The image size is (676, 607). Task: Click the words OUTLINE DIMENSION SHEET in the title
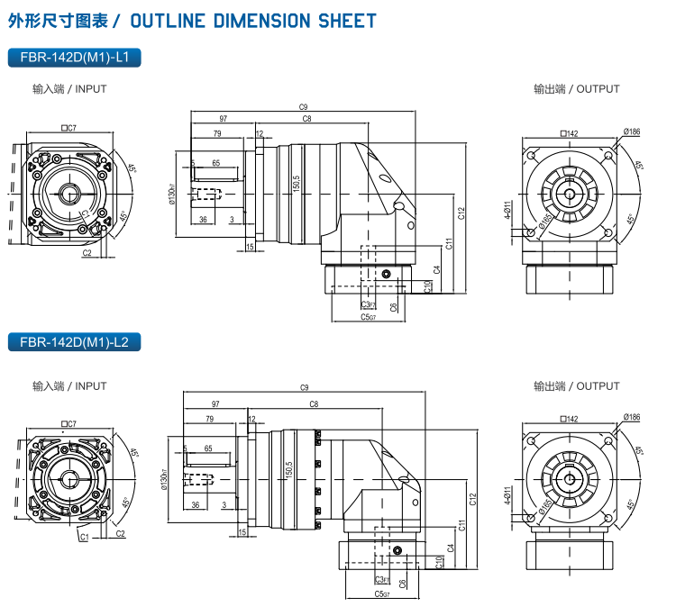pyautogui.click(x=253, y=21)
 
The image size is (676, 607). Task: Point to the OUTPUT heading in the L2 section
pyautogui.click(x=576, y=386)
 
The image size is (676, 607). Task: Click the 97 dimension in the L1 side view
pyautogui.click(x=222, y=119)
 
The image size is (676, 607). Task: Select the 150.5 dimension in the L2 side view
pyautogui.click(x=288, y=469)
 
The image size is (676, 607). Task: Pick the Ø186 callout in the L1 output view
pyautogui.click(x=631, y=132)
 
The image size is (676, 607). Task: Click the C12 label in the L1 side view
pyautogui.click(x=461, y=213)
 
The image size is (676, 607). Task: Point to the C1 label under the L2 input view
pyautogui.click(x=83, y=537)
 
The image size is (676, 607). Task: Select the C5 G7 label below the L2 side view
pyautogui.click(x=381, y=593)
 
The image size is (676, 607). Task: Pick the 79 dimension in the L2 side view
pyautogui.click(x=209, y=419)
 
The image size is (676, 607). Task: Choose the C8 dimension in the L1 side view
pyautogui.click(x=306, y=119)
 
